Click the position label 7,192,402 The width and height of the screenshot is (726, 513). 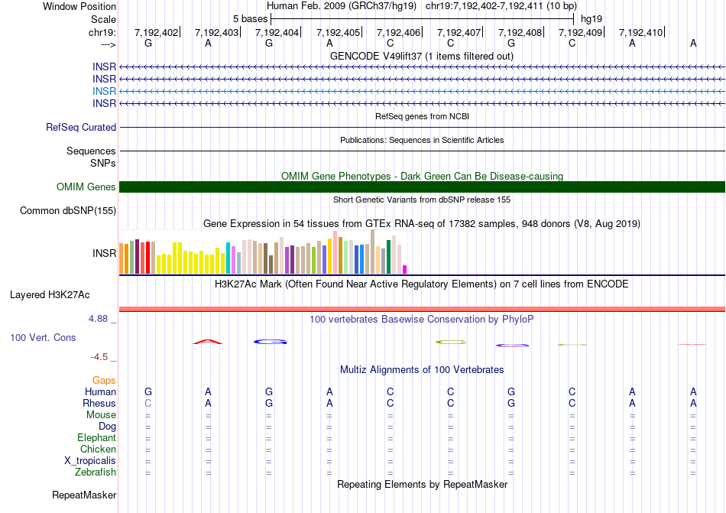click(x=156, y=33)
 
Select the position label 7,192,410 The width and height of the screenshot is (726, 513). click(x=640, y=33)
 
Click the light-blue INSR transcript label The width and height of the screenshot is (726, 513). click(x=105, y=91)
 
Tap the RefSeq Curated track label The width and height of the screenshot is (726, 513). click(x=81, y=128)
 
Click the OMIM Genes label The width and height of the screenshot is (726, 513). click(x=86, y=187)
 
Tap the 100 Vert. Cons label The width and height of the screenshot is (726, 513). click(x=43, y=338)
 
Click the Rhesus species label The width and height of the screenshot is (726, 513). click(x=99, y=403)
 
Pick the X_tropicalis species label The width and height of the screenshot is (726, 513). click(x=90, y=461)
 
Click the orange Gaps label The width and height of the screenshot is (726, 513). click(x=104, y=380)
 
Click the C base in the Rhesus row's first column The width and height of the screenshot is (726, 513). click(x=148, y=403)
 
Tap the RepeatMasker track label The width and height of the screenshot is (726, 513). click(x=84, y=495)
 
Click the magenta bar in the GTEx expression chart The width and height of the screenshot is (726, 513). click(x=405, y=268)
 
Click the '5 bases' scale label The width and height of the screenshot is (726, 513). click(x=250, y=18)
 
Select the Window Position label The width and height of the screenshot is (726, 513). click(x=79, y=6)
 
